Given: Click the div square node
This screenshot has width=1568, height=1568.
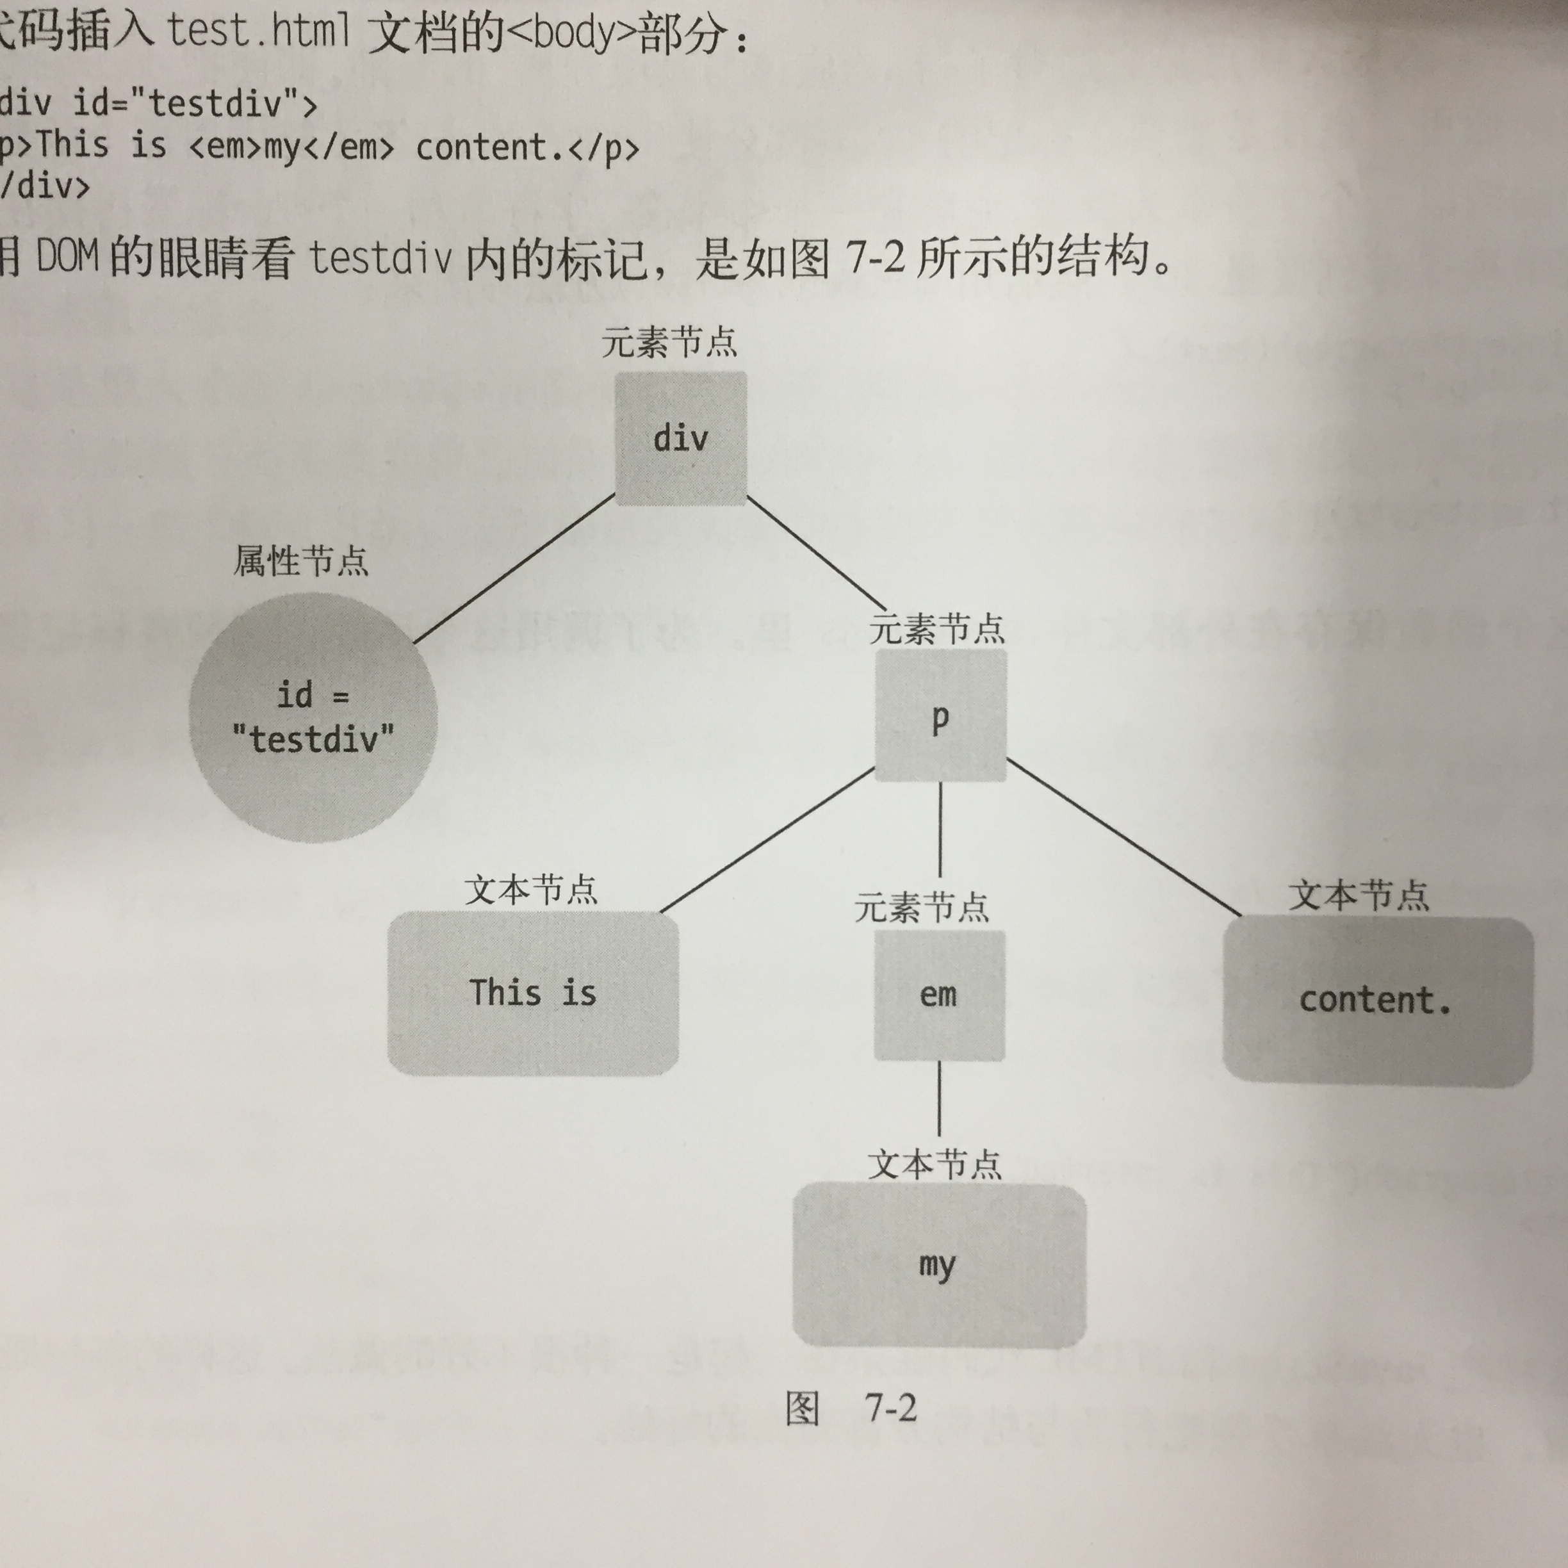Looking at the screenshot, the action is tap(680, 438).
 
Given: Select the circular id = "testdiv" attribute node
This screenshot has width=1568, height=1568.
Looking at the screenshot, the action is tap(313, 717).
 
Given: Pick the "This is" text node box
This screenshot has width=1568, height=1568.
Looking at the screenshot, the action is tap(532, 993).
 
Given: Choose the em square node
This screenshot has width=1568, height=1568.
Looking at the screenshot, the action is tap(939, 995).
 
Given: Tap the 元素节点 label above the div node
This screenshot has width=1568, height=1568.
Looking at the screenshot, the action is tap(669, 341).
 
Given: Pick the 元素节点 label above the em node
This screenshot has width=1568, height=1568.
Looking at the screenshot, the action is tap(922, 906).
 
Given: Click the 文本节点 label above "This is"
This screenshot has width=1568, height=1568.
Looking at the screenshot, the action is tap(532, 890).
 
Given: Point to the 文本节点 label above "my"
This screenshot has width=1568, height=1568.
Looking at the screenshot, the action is tap(935, 1164).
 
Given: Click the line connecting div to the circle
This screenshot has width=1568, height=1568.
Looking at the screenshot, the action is tap(514, 569).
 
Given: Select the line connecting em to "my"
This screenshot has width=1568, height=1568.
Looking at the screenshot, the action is tap(940, 1098).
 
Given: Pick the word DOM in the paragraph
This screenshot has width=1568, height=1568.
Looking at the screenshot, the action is tap(68, 256).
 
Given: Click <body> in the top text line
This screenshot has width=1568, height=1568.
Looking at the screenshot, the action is tap(571, 34).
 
